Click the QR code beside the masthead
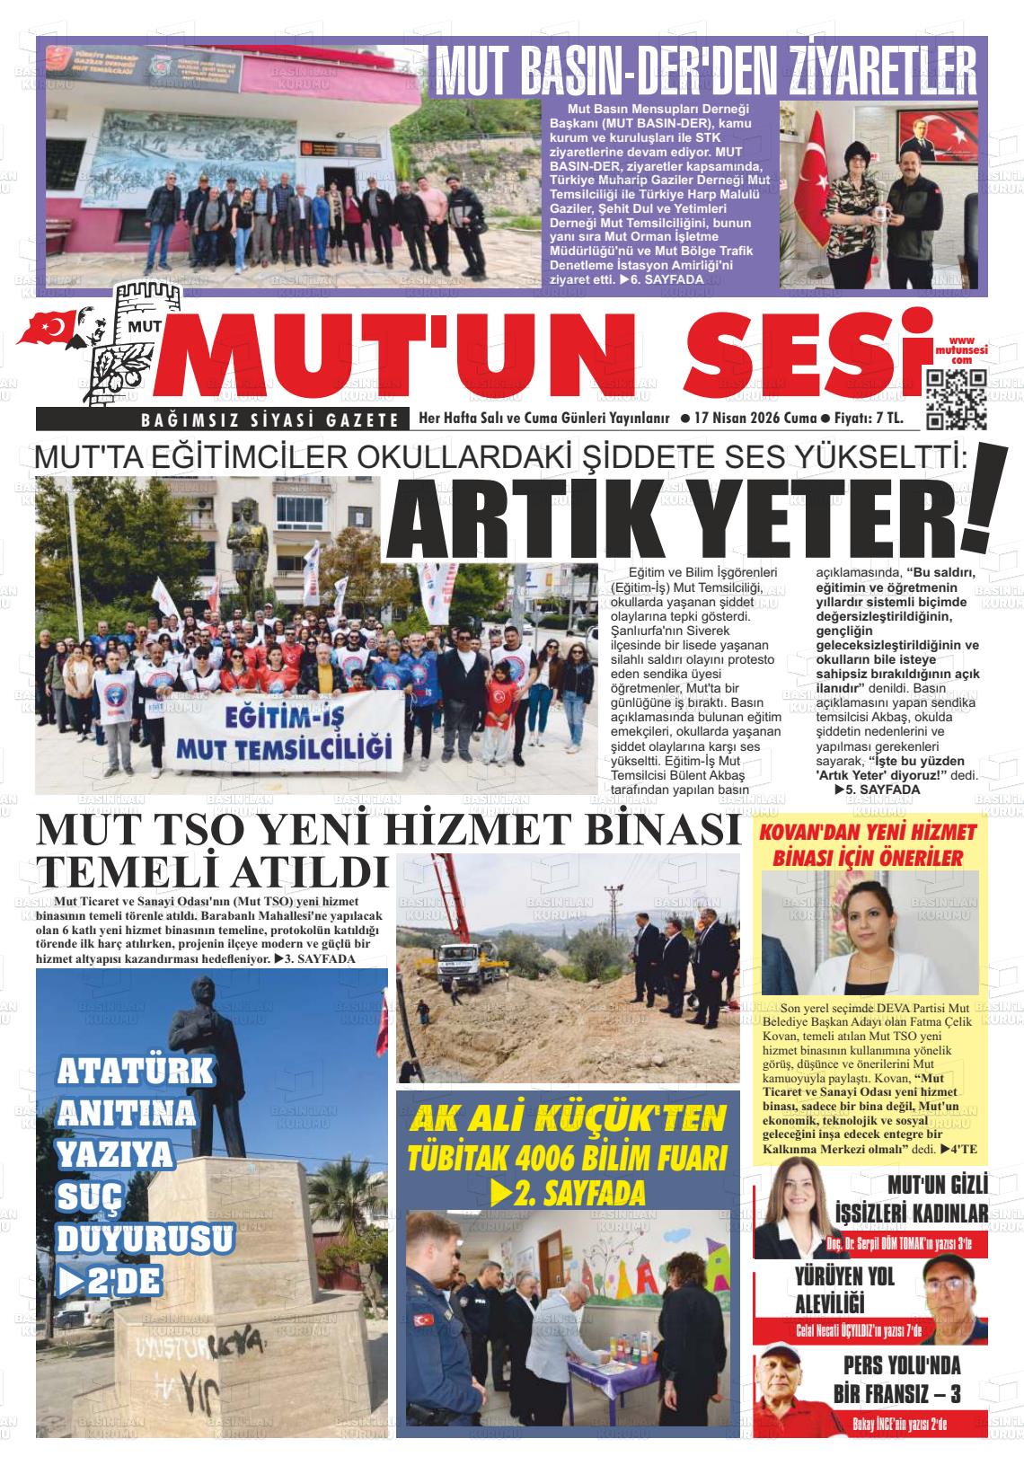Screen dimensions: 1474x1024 [x=957, y=399]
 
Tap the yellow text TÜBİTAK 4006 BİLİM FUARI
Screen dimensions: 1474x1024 [x=566, y=1157]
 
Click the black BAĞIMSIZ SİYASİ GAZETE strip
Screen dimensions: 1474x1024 [x=221, y=420]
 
